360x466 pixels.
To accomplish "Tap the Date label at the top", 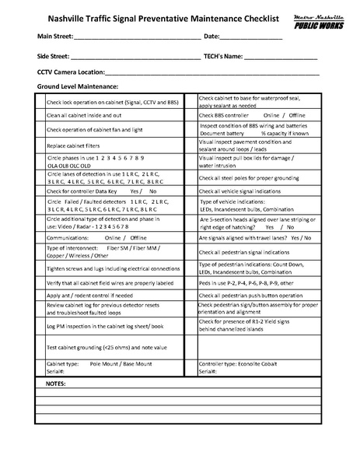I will point(214,36).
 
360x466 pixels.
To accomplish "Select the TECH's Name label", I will point(227,57).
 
